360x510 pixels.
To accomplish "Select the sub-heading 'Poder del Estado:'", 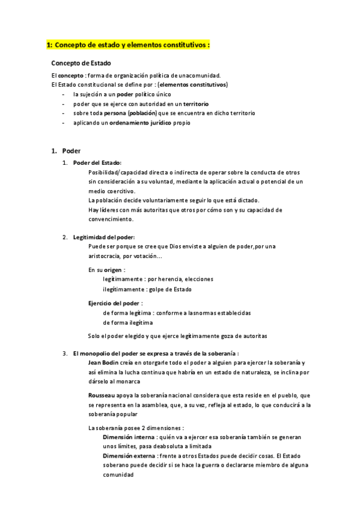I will coord(97,162).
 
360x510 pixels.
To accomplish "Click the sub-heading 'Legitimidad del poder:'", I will coord(104,237).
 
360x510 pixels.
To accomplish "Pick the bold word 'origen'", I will coord(113,270).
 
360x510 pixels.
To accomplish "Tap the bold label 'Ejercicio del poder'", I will coord(115,303).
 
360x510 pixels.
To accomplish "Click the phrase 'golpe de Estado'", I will coord(171,289).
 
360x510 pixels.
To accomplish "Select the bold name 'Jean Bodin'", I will coord(104,363).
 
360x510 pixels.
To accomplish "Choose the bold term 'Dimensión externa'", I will coord(130,455).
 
